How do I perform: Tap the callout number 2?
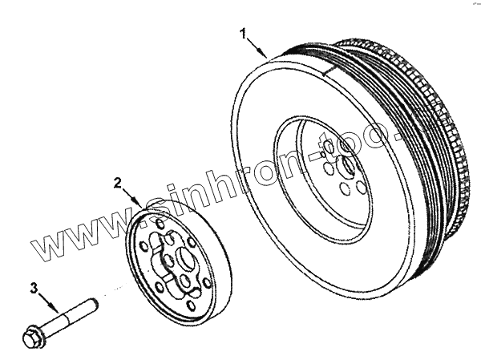tap(117, 183)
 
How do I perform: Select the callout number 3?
tap(34, 287)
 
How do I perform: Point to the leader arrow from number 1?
tap(257, 46)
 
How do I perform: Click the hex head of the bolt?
tap(30, 338)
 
